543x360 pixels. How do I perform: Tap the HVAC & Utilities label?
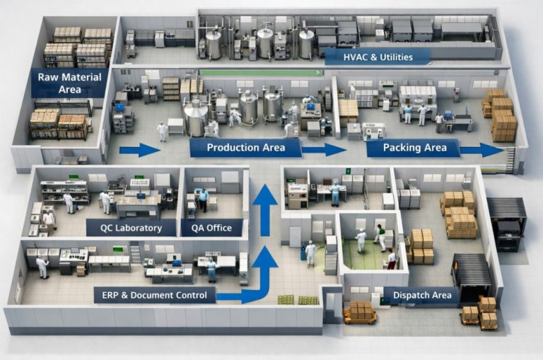pos(378,57)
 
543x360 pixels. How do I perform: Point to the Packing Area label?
pos(412,148)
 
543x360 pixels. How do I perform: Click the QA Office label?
pos(212,228)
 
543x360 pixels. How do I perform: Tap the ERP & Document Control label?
pos(155,295)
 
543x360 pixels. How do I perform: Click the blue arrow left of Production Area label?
pos(139,150)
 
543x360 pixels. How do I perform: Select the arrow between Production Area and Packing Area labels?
pos(324,149)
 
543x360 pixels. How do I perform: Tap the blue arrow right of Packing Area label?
pos(481,149)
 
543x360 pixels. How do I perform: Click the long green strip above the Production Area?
pos(252,72)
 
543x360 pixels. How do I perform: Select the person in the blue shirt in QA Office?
pos(203,199)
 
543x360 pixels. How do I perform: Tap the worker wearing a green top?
pos(380,237)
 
